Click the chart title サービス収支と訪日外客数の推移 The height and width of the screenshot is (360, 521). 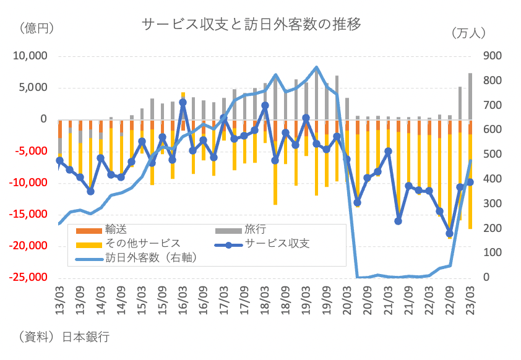pyautogui.click(x=251, y=24)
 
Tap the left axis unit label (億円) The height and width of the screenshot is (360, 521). pyautogui.click(x=37, y=27)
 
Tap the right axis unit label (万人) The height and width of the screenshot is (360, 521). pyautogui.click(x=468, y=32)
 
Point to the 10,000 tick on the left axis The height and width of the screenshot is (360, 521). pyautogui.click(x=30, y=56)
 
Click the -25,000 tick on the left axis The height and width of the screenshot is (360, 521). pyautogui.click(x=28, y=277)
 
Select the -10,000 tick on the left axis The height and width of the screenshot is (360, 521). pyautogui.click(x=28, y=182)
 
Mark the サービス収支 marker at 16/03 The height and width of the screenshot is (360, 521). pyautogui.click(x=183, y=103)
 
